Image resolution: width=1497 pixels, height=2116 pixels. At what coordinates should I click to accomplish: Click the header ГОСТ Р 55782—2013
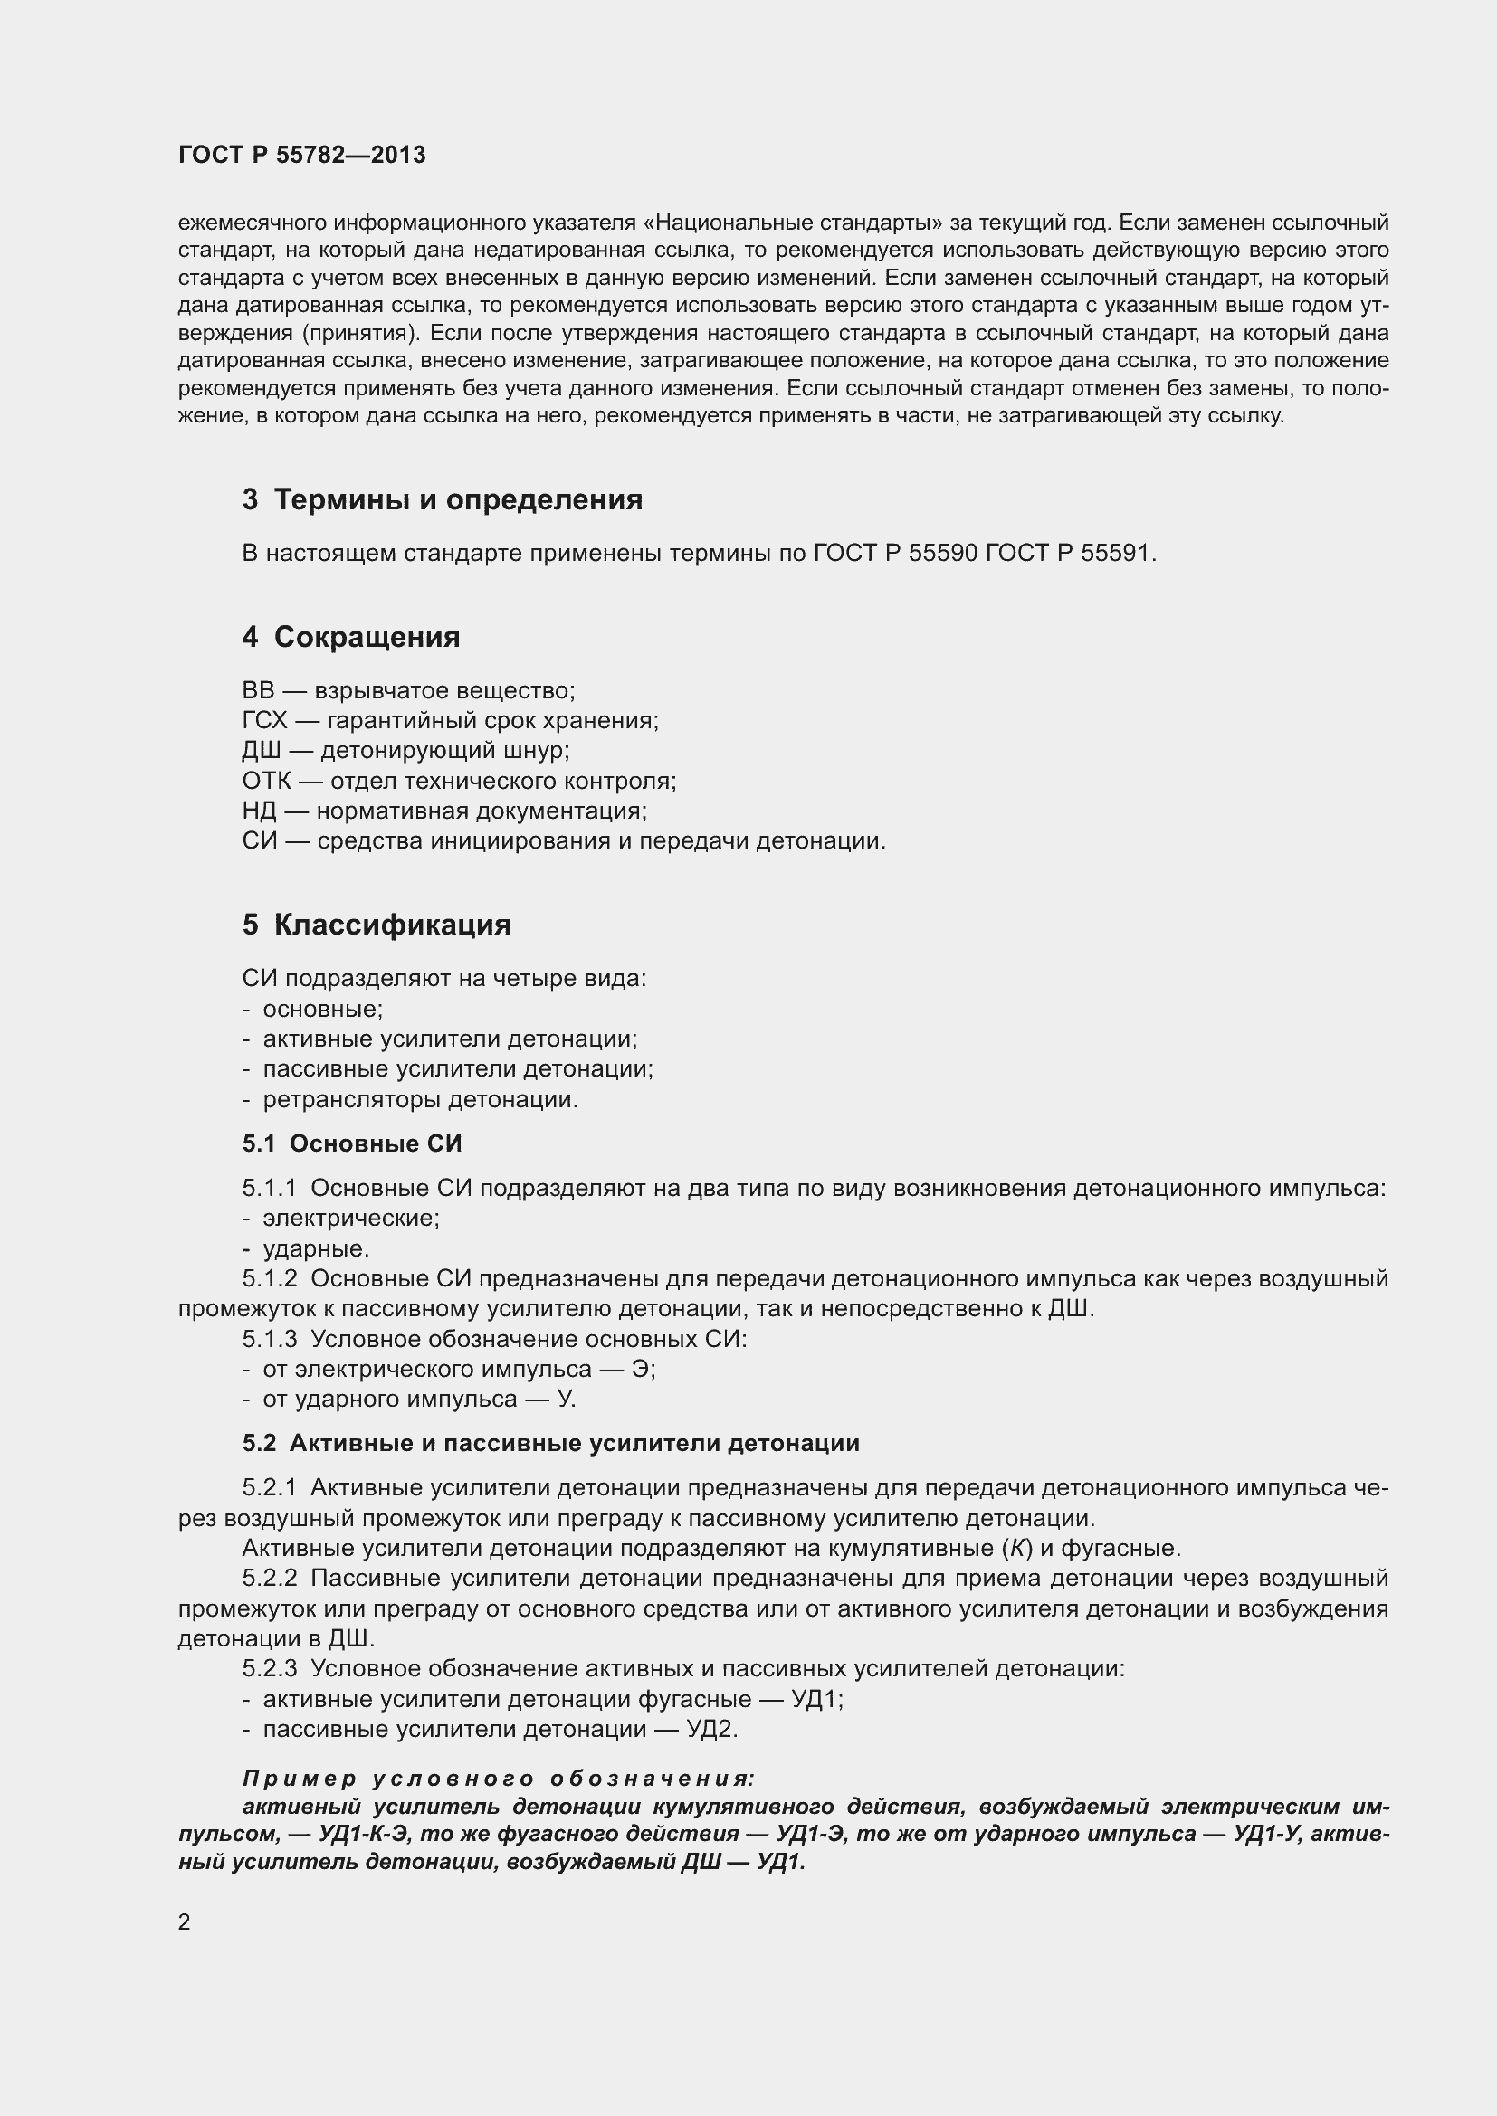point(301,155)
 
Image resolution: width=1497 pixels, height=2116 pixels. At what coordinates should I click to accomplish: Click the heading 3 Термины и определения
point(442,499)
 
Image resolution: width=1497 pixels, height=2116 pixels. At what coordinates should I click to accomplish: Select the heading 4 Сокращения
point(350,637)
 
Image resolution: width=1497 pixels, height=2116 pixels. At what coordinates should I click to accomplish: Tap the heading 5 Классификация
point(377,925)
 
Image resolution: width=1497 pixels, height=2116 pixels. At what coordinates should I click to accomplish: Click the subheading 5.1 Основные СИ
point(352,1143)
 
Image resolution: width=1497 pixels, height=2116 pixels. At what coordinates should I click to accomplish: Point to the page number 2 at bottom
point(185,1921)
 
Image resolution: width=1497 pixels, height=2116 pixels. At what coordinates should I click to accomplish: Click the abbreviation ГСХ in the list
point(264,721)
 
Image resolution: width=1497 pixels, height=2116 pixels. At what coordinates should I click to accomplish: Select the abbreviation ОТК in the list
point(265,782)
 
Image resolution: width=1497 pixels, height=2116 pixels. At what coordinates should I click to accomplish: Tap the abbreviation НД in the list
point(259,811)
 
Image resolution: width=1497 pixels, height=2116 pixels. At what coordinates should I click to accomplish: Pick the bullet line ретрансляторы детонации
point(420,1099)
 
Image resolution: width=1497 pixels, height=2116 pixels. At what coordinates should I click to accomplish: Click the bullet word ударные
point(315,1248)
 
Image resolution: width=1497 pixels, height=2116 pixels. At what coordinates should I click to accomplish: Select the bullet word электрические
point(351,1219)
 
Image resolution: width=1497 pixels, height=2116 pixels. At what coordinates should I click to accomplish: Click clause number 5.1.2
point(270,1279)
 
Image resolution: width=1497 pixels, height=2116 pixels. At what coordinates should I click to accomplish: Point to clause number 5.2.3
point(270,1669)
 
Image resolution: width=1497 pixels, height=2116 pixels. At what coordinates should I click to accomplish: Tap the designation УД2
point(710,1729)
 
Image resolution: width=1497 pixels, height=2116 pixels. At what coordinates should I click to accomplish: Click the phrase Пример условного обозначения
point(498,1778)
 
